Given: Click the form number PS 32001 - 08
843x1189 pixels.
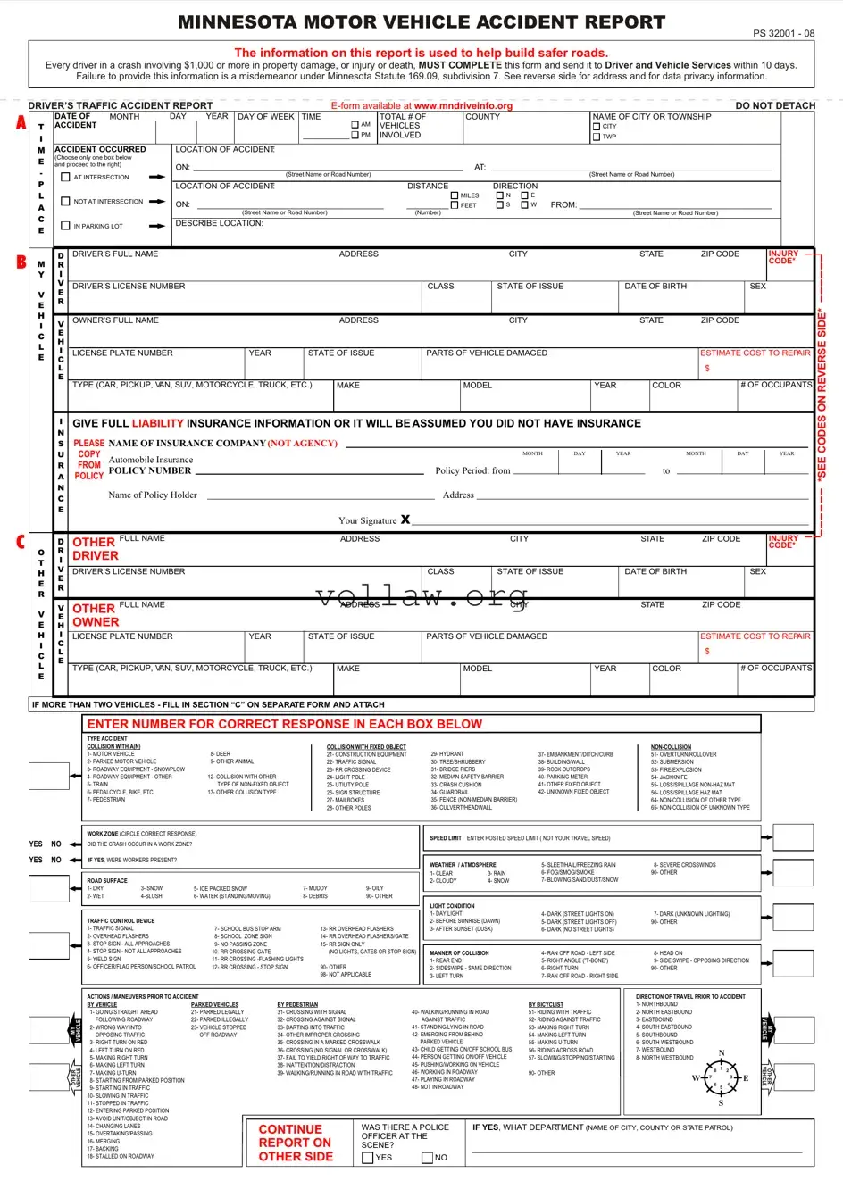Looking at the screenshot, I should tap(783, 33).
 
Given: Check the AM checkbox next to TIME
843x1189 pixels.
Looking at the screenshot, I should tap(355, 125).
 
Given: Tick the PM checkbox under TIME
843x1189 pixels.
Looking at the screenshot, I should tap(355, 135).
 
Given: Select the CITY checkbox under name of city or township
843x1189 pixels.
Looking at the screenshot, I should tap(597, 127).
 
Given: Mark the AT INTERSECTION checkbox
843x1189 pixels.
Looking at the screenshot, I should tap(65, 177).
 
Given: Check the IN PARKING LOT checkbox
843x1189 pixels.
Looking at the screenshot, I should tap(65, 226).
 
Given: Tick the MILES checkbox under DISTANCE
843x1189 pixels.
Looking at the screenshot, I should tap(455, 195).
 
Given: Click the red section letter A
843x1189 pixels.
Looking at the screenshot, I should tap(21, 123).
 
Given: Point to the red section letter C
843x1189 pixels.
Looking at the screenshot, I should tap(20, 542).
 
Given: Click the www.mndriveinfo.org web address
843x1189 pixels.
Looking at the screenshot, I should tap(463, 105).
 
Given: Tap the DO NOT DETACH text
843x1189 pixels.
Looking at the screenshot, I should tap(775, 105).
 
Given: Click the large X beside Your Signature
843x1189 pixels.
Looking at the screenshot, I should tap(405, 520).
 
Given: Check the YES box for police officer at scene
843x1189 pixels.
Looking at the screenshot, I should tap(368, 1158).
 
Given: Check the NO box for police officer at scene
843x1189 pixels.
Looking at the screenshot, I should tap(427, 1158).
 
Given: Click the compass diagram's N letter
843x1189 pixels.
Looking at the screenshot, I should tap(722, 1054).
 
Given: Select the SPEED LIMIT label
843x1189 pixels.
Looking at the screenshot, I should tap(446, 838).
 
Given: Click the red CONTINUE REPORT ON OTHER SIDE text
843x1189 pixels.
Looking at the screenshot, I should tap(296, 1143).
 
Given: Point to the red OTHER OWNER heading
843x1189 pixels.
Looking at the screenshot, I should tap(96, 615).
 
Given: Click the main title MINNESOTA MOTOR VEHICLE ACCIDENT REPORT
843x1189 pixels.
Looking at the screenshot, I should tap(421, 22).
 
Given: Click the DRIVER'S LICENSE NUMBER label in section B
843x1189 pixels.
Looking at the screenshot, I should tap(129, 287).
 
